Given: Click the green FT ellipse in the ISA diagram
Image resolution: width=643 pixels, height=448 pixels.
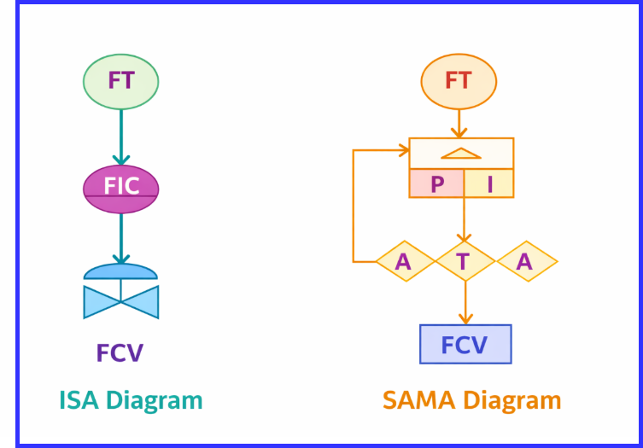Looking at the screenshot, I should click(x=120, y=81).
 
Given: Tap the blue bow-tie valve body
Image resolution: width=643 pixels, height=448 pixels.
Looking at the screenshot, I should click(x=120, y=301).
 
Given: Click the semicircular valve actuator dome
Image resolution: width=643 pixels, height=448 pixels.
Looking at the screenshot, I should click(x=120, y=272).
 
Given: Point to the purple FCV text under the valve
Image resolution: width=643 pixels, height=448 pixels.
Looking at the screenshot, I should click(x=120, y=352).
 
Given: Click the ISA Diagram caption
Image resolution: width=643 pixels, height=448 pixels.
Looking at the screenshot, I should click(x=131, y=400).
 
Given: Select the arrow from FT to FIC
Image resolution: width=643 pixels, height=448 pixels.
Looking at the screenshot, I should click(x=120, y=137).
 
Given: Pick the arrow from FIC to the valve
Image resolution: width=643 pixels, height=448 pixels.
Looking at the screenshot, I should click(x=120, y=239).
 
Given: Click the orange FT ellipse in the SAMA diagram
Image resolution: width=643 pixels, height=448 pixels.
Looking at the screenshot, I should click(x=459, y=81).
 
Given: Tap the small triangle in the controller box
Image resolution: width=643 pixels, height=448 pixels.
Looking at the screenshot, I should click(x=461, y=154).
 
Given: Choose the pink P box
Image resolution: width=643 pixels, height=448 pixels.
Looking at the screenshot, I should click(x=436, y=183).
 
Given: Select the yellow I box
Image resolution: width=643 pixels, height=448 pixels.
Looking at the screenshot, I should click(x=489, y=183).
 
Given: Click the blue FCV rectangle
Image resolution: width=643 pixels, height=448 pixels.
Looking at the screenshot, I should click(x=465, y=344).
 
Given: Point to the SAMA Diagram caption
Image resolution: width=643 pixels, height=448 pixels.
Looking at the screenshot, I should click(x=471, y=400).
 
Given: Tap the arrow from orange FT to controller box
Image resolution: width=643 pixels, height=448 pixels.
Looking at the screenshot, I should click(x=459, y=125).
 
